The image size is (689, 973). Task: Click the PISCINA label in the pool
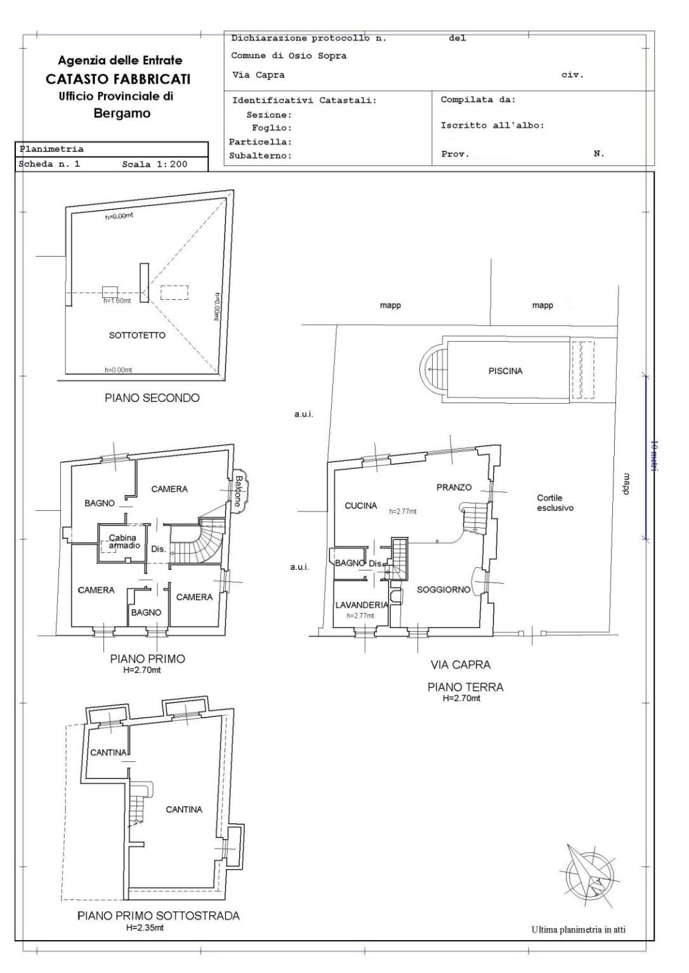click(505, 371)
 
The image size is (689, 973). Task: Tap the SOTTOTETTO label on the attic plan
click(137, 335)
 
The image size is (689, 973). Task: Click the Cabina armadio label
click(124, 541)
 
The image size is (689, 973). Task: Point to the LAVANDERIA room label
click(361, 605)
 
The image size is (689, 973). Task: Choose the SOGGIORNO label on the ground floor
click(443, 590)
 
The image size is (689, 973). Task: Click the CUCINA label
click(361, 506)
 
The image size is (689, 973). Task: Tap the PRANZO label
click(454, 487)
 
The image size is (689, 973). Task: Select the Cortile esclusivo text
click(555, 503)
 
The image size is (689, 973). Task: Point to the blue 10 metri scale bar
click(645, 458)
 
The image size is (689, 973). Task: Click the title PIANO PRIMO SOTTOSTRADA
click(159, 916)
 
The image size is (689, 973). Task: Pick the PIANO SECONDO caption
click(152, 398)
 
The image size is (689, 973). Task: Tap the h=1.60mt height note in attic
click(117, 300)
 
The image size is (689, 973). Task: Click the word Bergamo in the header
click(122, 113)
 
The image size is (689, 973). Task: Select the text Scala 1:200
click(155, 164)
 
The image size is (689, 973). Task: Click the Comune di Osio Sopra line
click(289, 56)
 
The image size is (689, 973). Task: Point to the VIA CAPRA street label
click(461, 665)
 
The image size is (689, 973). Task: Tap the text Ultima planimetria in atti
click(579, 929)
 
